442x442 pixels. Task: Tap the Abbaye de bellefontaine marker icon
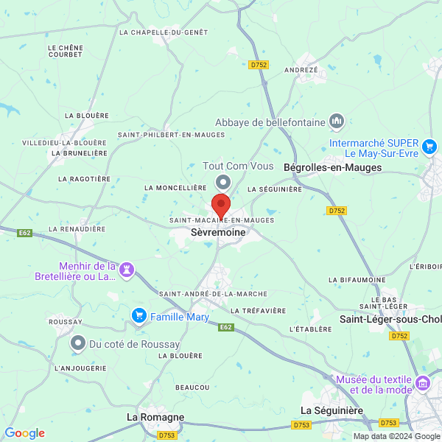337,120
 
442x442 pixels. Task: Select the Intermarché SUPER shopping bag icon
430,142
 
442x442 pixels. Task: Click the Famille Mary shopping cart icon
138,316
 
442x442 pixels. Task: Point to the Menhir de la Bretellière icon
127,270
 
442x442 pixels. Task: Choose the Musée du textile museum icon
422,383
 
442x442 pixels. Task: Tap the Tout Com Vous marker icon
222,181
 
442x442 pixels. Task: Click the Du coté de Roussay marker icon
78,343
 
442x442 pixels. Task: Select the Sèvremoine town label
213,231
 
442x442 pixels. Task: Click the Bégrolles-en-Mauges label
337,167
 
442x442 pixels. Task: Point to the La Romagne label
155,417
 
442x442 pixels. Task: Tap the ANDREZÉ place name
301,70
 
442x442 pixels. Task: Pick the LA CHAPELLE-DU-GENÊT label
164,32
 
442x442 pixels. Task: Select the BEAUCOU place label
192,387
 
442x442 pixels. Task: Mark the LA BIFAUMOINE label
357,280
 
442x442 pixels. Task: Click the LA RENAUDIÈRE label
74,229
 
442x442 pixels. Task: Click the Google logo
24,433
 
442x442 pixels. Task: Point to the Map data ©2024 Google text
396,436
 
